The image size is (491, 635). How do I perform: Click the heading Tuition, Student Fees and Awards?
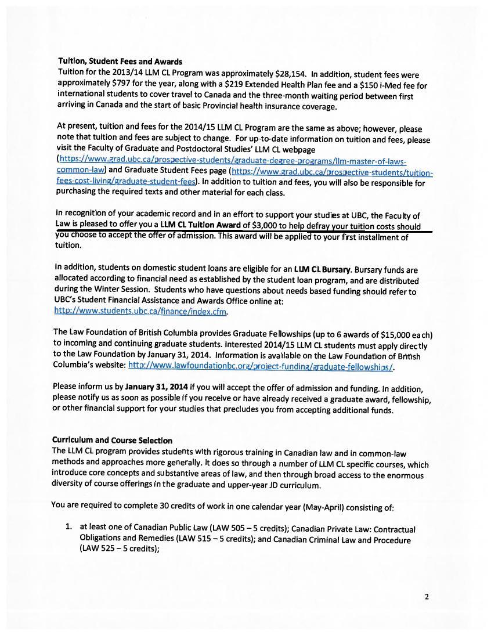[x=120, y=62]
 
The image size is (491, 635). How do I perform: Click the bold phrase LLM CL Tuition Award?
[x=200, y=226]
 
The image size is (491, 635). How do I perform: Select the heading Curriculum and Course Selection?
[x=112, y=441]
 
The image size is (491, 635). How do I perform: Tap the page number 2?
[x=426, y=596]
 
